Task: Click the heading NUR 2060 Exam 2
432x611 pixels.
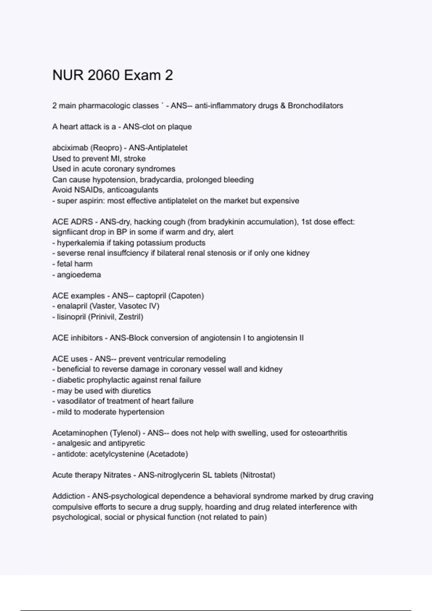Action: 113,75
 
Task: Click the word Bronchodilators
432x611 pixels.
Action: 315,106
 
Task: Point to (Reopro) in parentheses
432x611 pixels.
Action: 107,148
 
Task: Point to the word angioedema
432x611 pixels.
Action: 79,275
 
